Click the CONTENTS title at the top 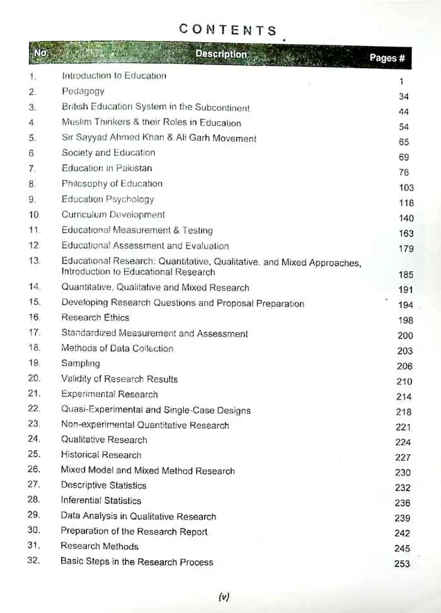tap(228, 30)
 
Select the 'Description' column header tap(221, 54)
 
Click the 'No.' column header tap(40, 54)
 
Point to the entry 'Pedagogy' tap(83, 91)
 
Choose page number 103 tap(406, 188)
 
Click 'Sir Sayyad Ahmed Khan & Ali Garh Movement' tap(159, 138)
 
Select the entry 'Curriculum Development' tap(113, 214)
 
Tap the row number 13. tap(35, 260)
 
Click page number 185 tap(406, 274)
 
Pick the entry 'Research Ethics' tap(95, 318)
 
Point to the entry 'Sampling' tap(81, 364)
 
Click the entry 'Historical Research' tap(101, 455)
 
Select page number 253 tap(402, 564)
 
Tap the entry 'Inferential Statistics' tap(101, 501)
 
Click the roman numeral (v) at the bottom tap(224, 597)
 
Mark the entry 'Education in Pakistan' tap(106, 168)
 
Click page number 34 tap(404, 96)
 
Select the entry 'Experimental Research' tap(110, 394)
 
